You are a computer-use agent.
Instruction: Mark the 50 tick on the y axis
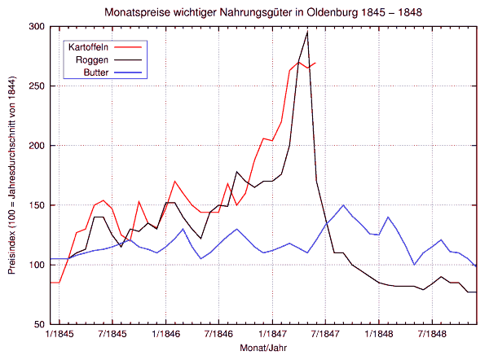point(38,325)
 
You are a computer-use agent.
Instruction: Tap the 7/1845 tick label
point(112,334)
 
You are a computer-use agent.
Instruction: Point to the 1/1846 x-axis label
point(165,334)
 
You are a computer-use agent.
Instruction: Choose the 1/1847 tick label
point(272,334)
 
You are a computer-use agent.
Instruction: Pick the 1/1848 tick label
point(379,334)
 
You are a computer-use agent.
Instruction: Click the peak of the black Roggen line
point(307,33)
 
